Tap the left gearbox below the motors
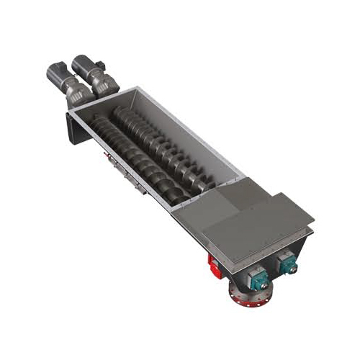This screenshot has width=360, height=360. point(72,90)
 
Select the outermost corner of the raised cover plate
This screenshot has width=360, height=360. point(315,215)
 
